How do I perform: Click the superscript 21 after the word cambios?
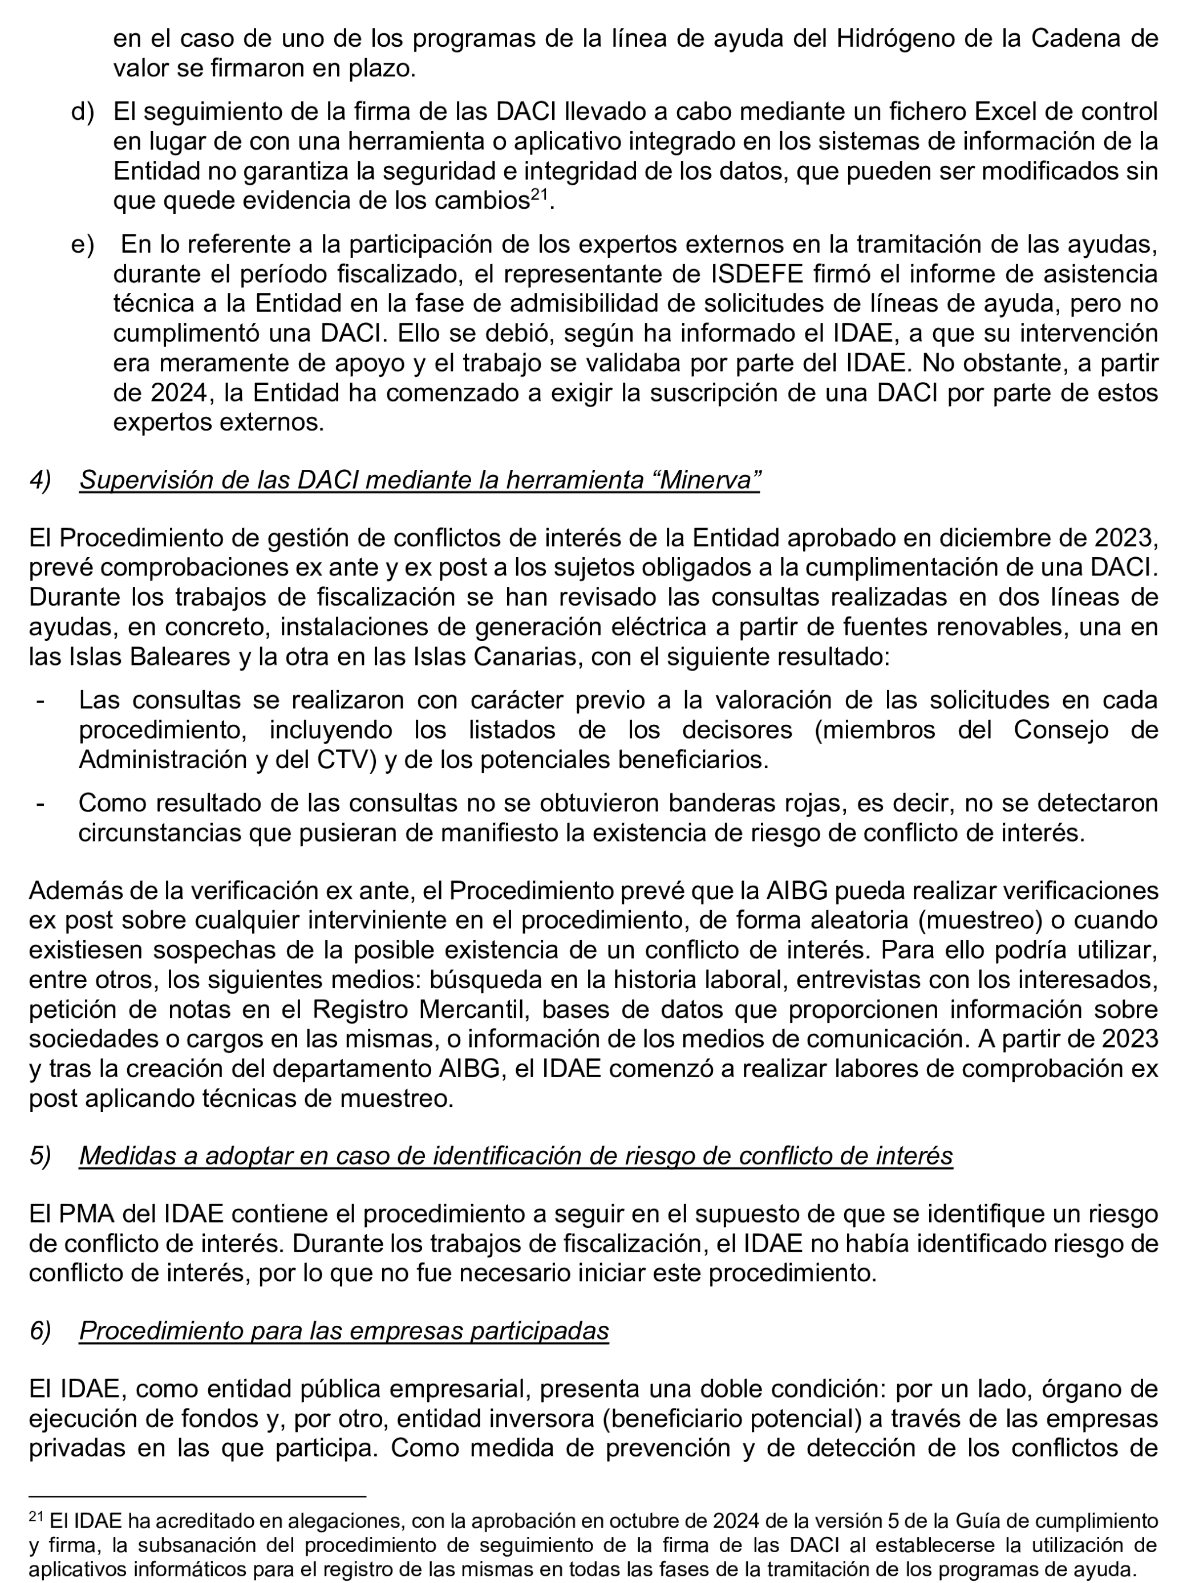pos(539,194)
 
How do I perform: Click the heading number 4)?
pos(40,480)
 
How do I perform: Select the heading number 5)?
pos(40,1156)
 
